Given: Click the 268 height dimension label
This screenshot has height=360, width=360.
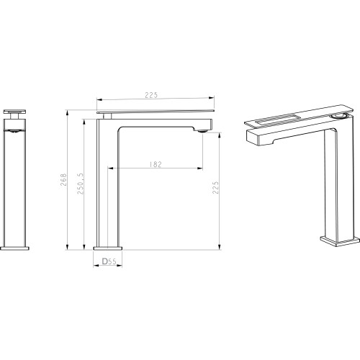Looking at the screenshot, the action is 63,180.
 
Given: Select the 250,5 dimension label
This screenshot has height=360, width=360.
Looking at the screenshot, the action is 81,184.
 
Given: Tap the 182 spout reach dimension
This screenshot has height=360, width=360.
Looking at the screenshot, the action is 156,164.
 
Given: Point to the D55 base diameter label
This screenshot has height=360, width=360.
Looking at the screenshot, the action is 109,261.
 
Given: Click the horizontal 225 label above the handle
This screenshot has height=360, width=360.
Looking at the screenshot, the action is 151,95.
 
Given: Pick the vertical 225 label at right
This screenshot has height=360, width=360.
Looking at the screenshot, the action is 215,187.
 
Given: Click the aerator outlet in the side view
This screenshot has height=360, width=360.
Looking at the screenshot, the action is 202,131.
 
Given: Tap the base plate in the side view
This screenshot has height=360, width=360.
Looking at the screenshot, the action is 108,248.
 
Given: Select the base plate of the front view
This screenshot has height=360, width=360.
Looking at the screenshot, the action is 14,248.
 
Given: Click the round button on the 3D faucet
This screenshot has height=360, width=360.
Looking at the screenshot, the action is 338,116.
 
